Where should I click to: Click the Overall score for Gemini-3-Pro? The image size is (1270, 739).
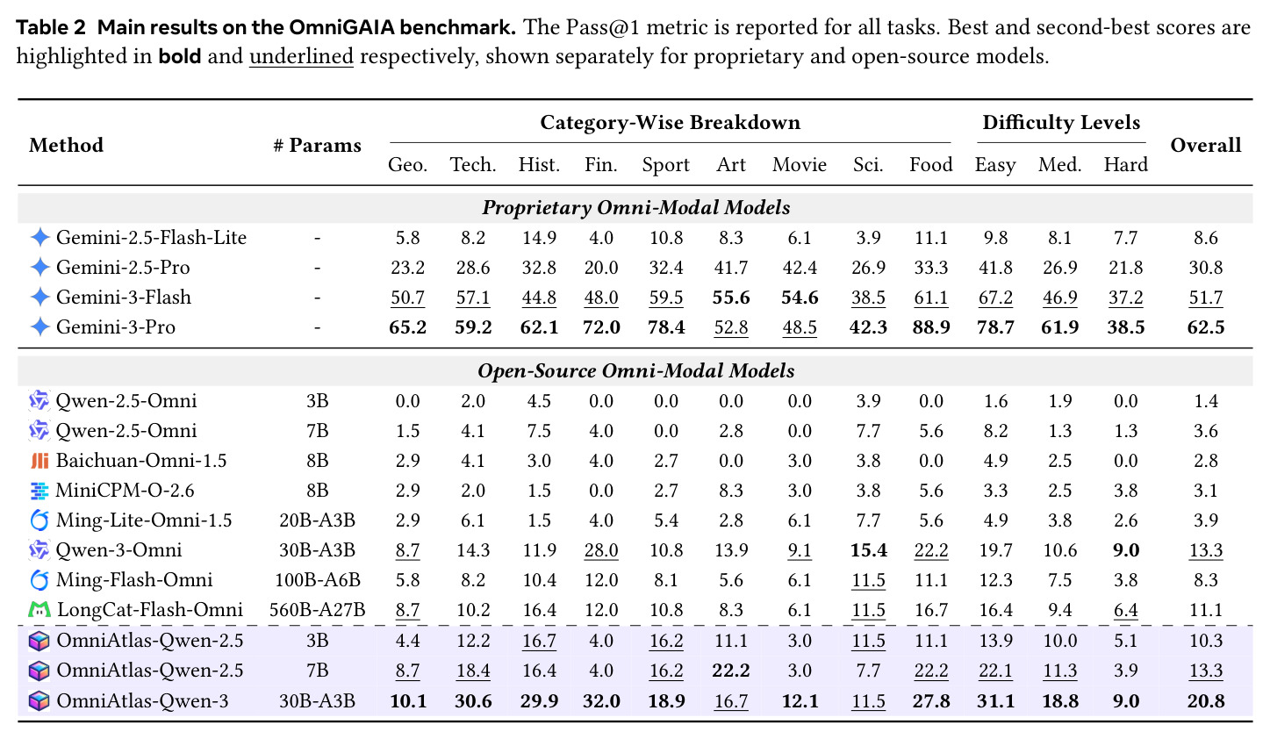coord(1205,327)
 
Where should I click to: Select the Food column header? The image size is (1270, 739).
coord(931,164)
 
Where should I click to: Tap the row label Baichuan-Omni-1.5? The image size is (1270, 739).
coord(141,460)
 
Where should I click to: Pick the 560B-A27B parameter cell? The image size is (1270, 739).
coord(317,610)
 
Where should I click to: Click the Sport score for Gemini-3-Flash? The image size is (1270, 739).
coord(665,298)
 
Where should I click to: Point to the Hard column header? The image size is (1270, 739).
coord(1125,164)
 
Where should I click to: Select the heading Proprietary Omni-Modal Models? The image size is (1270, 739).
coord(635,208)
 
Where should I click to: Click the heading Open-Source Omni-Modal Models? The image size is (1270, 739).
coord(635,371)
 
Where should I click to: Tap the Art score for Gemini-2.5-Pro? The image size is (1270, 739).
coord(731,267)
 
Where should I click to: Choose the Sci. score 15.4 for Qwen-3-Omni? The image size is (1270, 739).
coord(868,550)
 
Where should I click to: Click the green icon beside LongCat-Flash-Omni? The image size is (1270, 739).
coord(39,610)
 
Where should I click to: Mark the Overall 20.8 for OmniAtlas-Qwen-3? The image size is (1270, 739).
coord(1205,701)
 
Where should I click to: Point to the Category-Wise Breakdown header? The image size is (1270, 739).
coord(670,123)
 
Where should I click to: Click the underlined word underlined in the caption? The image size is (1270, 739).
coord(301,56)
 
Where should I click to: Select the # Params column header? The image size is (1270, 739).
coord(317,145)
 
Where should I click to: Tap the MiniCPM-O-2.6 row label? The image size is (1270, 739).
coord(125,490)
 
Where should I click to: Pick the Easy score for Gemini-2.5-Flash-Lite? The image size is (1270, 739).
coord(995,238)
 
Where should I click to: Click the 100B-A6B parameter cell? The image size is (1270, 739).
coord(317,579)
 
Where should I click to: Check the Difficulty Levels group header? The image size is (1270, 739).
coord(1061,123)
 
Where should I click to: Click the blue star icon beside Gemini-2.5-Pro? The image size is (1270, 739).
coord(39,267)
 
